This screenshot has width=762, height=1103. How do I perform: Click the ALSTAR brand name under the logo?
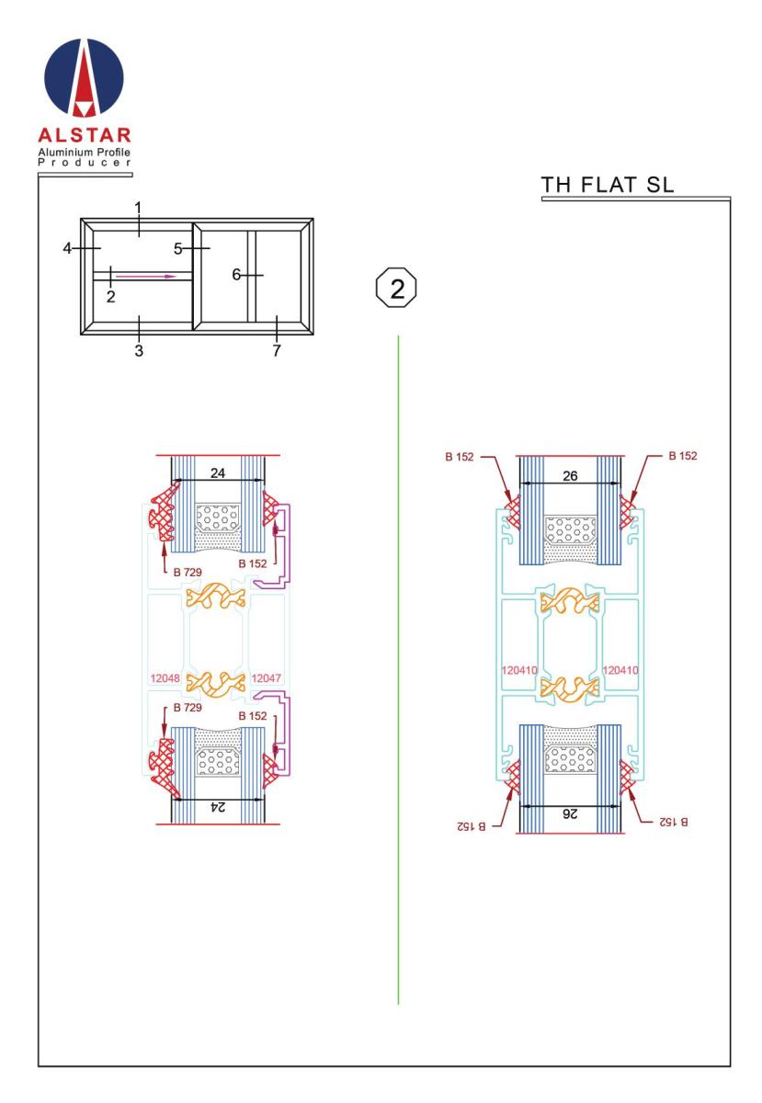(x=85, y=135)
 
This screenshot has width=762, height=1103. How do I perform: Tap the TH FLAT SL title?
(x=607, y=185)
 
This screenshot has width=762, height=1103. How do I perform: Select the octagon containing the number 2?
(x=396, y=288)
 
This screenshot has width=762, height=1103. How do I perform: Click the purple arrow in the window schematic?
(x=146, y=277)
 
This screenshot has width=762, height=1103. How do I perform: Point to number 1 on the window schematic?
(x=139, y=208)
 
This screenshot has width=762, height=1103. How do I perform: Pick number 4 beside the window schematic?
(x=67, y=248)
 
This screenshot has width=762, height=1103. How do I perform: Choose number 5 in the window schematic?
(x=177, y=249)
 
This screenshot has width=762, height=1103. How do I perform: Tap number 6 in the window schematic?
(x=236, y=275)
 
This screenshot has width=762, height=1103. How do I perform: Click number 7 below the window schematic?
(x=277, y=350)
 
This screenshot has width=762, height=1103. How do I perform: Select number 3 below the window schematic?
(x=139, y=350)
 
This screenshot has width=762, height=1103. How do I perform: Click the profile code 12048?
(x=165, y=678)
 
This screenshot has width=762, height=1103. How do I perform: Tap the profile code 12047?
(x=266, y=678)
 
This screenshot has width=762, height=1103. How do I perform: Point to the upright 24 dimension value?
(x=218, y=473)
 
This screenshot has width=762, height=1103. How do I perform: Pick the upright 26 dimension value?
(x=570, y=476)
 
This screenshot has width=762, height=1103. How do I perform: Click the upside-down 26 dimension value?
(x=570, y=814)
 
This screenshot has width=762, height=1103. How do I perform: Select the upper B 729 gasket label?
(x=188, y=572)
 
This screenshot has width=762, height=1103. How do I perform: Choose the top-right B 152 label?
(x=683, y=456)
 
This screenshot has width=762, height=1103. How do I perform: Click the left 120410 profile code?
(x=519, y=670)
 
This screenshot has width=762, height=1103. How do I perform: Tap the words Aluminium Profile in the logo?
(x=85, y=153)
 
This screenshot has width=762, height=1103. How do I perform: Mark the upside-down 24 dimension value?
(x=218, y=807)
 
